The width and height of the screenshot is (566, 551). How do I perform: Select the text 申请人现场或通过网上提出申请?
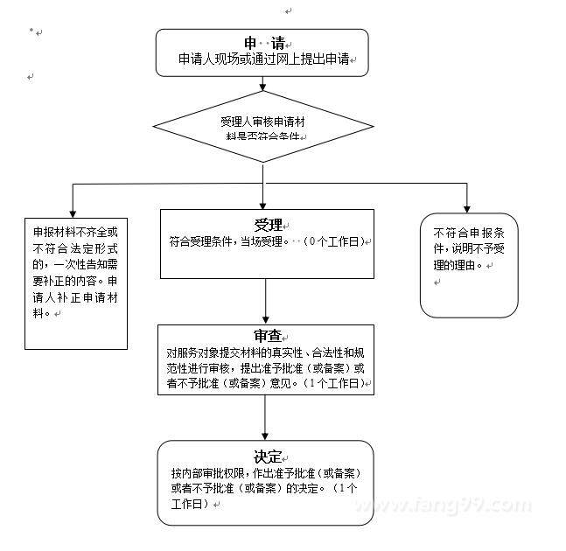pos(263,61)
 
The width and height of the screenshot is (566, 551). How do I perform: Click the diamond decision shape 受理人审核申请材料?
pos(262,129)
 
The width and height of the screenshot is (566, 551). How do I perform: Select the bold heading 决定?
pos(267,457)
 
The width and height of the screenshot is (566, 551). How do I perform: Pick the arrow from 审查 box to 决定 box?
pos(265,417)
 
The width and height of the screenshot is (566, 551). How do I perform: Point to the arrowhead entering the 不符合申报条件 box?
pos(467,208)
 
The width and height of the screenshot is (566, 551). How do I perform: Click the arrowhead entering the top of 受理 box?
pos(263,203)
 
